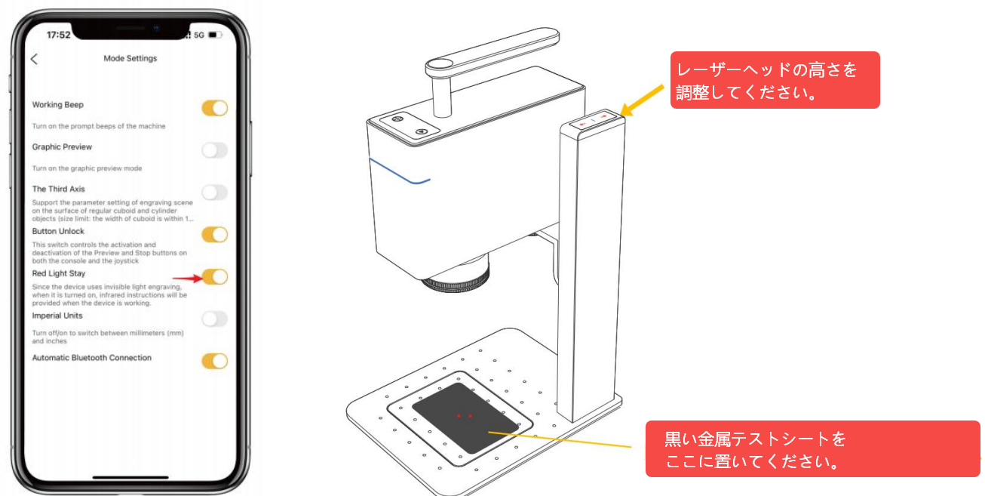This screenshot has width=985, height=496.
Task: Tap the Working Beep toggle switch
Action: [215, 108]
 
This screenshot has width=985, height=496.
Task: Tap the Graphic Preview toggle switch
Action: [215, 150]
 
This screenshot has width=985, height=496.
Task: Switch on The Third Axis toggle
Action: [215, 193]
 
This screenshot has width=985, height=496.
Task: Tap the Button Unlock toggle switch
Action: [215, 235]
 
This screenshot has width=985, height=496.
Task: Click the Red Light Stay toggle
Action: [215, 277]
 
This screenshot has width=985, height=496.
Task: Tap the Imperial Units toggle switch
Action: [215, 319]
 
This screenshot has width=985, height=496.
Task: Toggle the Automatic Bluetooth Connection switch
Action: [215, 361]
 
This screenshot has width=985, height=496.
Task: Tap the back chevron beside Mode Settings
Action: [34, 59]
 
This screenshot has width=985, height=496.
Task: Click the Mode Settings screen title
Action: [130, 58]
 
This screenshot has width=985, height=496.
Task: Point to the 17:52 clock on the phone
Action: [59, 35]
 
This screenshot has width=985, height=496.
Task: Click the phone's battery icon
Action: [215, 35]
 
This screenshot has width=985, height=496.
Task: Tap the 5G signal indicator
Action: [199, 35]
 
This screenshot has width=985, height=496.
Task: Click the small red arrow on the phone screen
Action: [188, 278]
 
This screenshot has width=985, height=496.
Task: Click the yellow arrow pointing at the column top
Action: [642, 100]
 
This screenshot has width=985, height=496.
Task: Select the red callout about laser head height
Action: [775, 80]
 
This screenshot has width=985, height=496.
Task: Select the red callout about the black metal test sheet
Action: [812, 449]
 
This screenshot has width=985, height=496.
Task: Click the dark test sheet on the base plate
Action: [465, 417]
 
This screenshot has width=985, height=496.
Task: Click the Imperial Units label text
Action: [57, 316]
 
